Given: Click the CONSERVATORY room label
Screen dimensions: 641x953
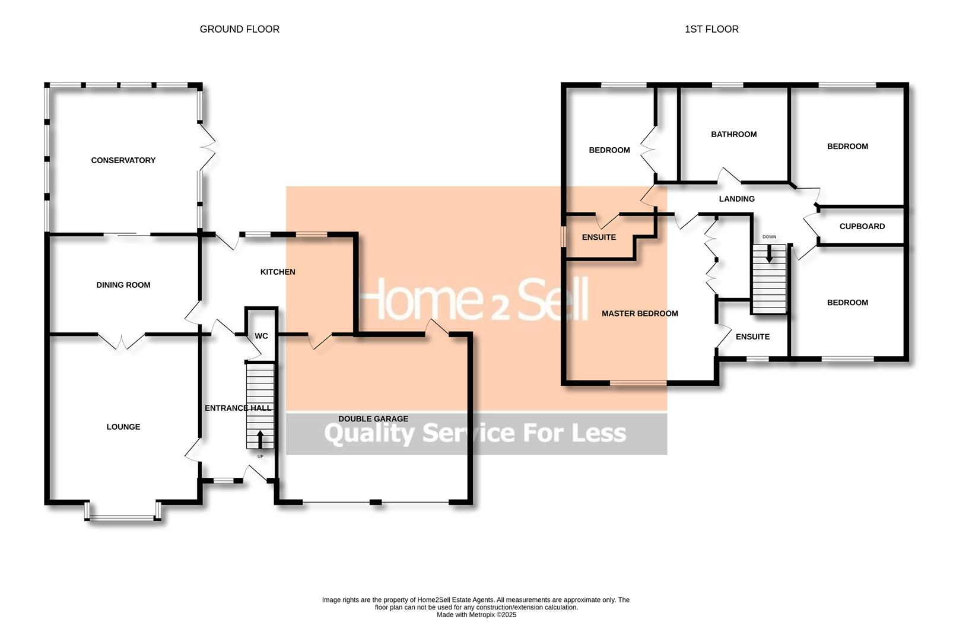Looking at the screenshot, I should click(x=123, y=160).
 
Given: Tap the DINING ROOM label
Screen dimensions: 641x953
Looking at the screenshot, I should click(x=123, y=285).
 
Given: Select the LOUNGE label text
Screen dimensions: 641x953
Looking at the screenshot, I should click(x=123, y=427).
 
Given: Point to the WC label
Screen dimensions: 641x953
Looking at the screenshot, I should click(x=261, y=336).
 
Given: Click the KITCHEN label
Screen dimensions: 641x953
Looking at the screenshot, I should click(x=277, y=272).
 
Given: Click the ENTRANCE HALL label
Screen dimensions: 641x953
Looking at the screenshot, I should click(x=237, y=408).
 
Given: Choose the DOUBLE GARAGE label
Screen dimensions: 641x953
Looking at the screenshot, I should click(x=373, y=419).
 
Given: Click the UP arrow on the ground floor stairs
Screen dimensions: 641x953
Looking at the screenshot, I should click(x=260, y=440).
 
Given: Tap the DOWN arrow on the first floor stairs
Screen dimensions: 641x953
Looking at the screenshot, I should click(x=769, y=255).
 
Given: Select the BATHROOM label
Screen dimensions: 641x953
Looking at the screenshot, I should click(x=733, y=134).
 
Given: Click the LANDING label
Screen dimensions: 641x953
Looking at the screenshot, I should click(x=736, y=199).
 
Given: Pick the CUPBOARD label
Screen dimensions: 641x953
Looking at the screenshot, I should click(x=862, y=226).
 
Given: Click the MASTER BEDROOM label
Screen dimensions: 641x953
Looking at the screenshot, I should click(x=639, y=313).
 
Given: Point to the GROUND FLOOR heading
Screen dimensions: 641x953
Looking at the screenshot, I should click(x=239, y=29).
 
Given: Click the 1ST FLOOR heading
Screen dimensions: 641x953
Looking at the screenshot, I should click(x=711, y=29).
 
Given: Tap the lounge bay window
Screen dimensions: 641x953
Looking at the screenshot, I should click(x=123, y=519).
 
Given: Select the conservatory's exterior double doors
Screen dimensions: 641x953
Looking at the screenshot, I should click(x=207, y=146).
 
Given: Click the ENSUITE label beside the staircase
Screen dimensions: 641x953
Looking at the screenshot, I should click(x=752, y=337).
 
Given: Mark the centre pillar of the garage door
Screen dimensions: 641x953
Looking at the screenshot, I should click(x=375, y=503).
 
